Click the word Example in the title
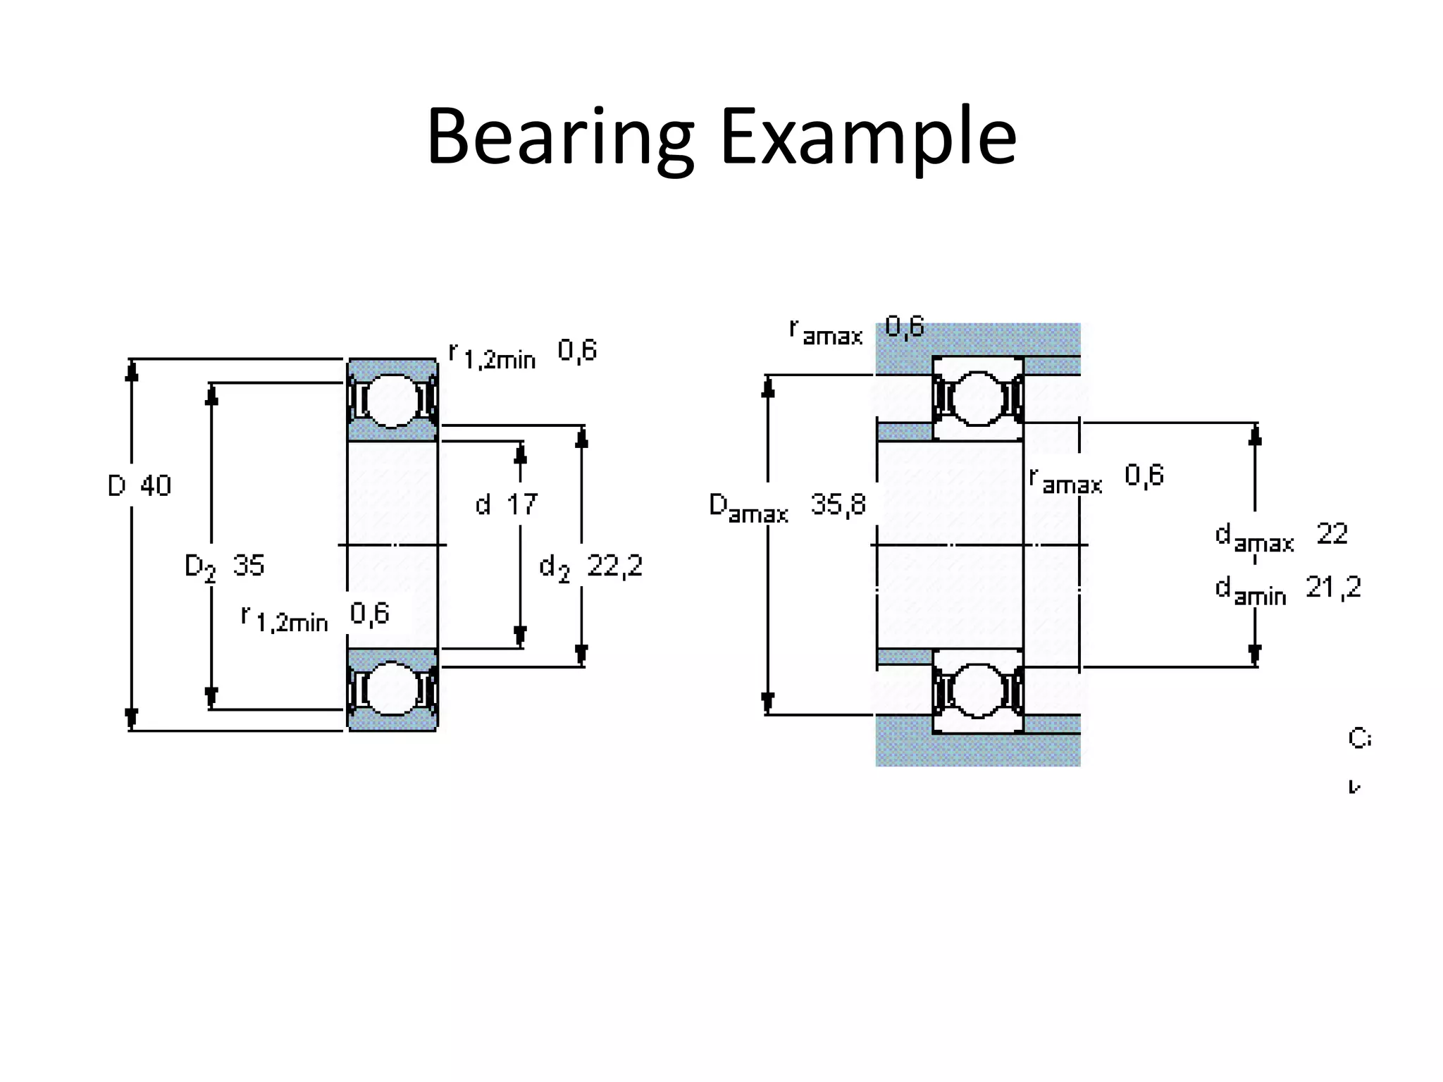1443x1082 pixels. point(867,137)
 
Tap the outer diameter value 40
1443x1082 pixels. point(156,486)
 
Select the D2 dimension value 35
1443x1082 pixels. point(249,566)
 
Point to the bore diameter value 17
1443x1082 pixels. point(522,504)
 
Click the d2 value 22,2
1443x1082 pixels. point(614,566)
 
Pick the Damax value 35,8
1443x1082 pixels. point(838,504)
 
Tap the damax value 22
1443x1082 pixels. point(1332,534)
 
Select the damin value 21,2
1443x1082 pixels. point(1333,587)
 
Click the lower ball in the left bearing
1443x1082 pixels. point(392,689)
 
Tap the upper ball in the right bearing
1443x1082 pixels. point(977,399)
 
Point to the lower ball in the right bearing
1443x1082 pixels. point(977,691)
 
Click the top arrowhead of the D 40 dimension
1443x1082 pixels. point(131,371)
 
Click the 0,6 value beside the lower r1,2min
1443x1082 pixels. point(370,614)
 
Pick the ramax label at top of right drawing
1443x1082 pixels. point(826,332)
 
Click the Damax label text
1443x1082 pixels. point(748,508)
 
